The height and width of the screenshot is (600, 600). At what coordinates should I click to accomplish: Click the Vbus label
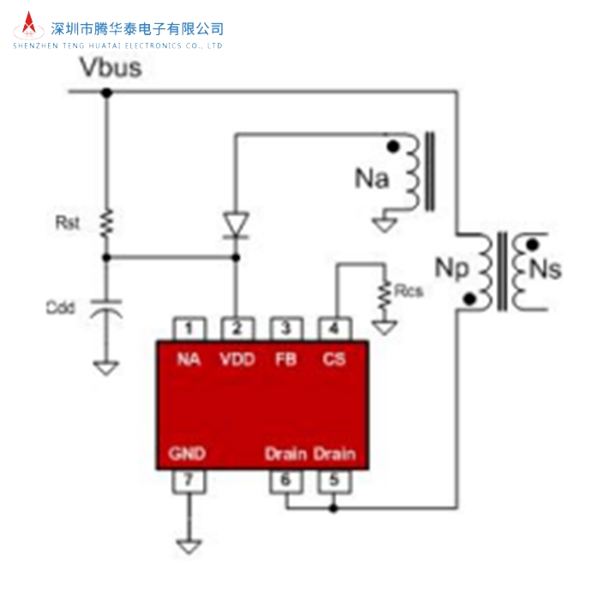[x=111, y=68]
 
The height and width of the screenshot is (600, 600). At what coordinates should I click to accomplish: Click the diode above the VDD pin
[x=236, y=225]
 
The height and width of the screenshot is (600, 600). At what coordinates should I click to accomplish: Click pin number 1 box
[x=189, y=328]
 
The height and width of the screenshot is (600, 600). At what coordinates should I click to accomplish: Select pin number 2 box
[x=236, y=328]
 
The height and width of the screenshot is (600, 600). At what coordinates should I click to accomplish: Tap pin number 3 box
[x=285, y=328]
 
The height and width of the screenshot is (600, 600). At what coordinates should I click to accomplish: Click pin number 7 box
[x=189, y=480]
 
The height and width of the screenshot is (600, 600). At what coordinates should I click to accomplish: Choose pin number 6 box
[x=285, y=480]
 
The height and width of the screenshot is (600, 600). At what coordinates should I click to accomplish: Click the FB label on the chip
[x=285, y=359]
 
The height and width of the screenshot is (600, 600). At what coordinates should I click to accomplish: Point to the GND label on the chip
[x=188, y=453]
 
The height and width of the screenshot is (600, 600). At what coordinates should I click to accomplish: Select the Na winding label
[x=372, y=179]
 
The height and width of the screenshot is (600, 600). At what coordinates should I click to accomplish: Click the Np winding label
[x=452, y=268]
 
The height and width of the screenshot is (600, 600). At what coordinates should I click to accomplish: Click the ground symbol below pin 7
[x=189, y=545]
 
